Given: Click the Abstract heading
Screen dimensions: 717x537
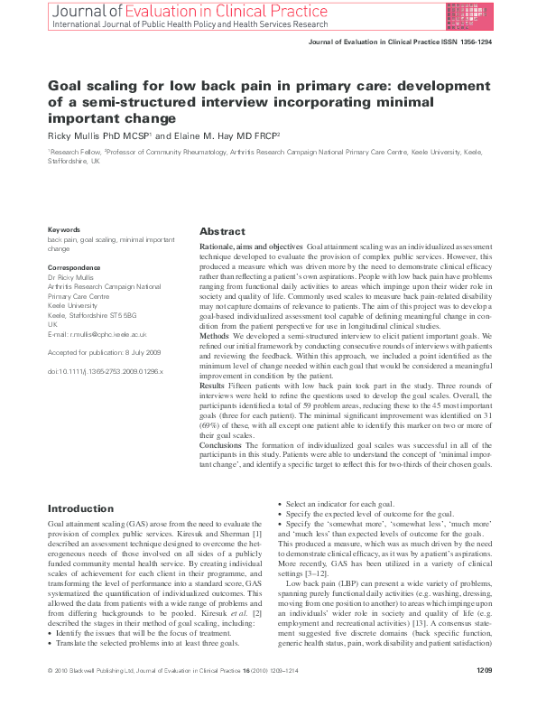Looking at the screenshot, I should (222, 232).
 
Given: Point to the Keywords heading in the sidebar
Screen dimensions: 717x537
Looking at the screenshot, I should (63, 229).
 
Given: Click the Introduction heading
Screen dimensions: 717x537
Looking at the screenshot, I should (80, 509).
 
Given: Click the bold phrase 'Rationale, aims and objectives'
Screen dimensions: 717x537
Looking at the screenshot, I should (250, 247).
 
